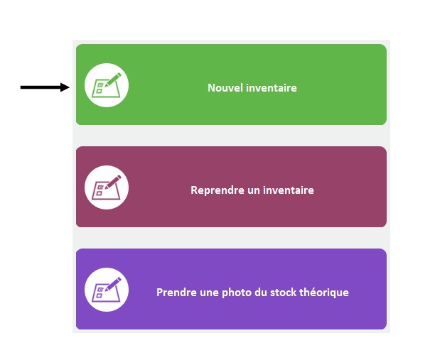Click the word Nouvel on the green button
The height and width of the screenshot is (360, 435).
point(225,88)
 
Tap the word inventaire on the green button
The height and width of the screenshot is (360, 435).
point(272,88)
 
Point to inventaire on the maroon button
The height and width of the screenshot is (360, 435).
point(289,190)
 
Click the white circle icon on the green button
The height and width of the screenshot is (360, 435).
point(107,85)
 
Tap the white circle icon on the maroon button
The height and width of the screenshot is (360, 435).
point(107,187)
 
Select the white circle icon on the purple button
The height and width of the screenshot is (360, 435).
point(107,290)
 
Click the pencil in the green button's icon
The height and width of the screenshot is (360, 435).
point(113,80)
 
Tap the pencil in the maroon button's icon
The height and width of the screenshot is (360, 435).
point(113,182)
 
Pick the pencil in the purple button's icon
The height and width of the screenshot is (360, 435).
point(113,284)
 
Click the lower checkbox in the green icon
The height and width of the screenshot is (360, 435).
point(99,91)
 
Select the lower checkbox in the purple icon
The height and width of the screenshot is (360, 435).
point(99,295)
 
